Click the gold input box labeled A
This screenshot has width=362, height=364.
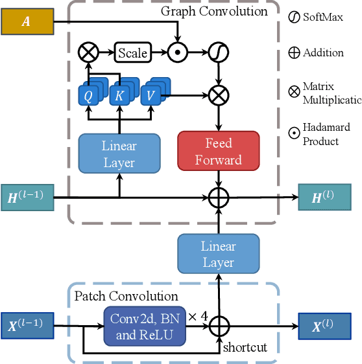click(x=26, y=21)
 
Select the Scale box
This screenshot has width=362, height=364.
click(x=132, y=52)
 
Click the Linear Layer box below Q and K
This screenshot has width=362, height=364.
click(x=119, y=153)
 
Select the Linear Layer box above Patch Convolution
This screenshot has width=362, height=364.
click(x=219, y=254)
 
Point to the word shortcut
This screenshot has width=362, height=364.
click(x=245, y=347)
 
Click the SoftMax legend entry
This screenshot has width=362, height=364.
click(x=317, y=17)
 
